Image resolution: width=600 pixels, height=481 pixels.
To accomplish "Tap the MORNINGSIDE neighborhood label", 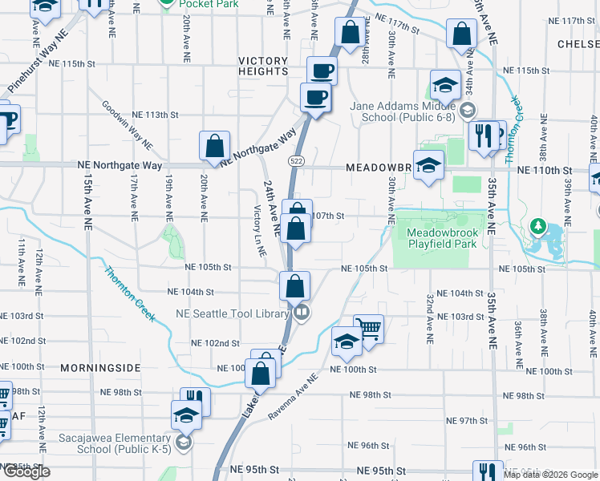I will pos(101,368).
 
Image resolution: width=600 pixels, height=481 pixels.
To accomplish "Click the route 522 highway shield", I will pos(297,150).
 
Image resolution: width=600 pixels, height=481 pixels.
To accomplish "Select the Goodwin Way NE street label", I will pos(128,125).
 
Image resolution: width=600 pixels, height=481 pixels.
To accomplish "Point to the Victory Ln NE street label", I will pos(259,231).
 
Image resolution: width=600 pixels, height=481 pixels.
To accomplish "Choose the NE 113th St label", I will pos(156,115).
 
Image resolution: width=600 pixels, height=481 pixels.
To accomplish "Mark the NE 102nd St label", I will pos(215,343).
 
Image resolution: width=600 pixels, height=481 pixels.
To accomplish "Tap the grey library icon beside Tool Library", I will pos(302,313).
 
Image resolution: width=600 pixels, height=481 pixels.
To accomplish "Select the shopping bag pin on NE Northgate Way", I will pos(215,145).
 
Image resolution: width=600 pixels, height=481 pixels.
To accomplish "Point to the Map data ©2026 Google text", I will pos(551,475).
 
